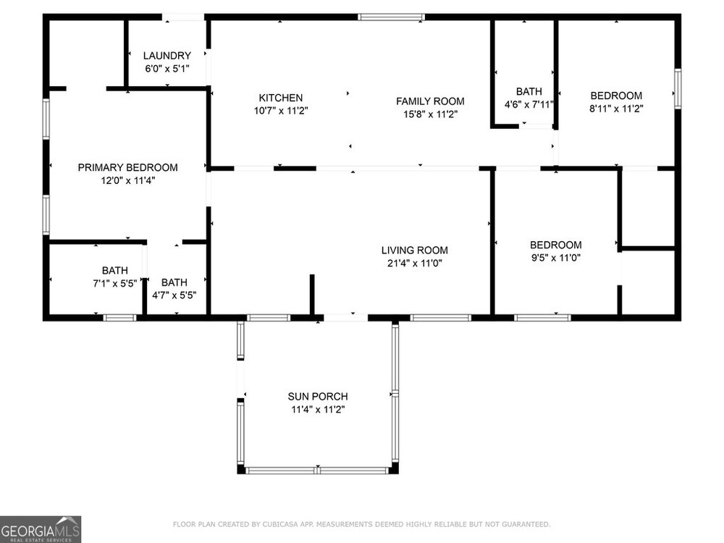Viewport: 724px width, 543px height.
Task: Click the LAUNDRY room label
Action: coord(167,56)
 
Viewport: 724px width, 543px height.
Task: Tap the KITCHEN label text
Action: coord(281,98)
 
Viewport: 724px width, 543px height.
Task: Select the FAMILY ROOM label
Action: coord(430,101)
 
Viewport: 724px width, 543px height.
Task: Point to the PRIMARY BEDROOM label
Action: coord(128,168)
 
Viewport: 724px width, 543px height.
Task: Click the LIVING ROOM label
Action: coord(415,251)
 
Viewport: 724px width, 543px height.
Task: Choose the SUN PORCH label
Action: coord(318,397)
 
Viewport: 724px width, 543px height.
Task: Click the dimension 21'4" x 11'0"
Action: coord(415,264)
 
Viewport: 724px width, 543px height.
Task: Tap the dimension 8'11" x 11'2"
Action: coord(616,109)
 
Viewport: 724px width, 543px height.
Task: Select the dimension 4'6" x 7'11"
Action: coord(529,104)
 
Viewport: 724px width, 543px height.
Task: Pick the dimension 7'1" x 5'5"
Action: coord(115,284)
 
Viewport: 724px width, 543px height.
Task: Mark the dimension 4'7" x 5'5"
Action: coord(174,295)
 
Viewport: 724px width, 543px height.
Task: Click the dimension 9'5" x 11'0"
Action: coord(556,258)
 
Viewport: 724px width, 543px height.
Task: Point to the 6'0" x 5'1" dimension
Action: coord(167,69)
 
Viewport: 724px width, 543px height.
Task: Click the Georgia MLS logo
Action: coord(41,529)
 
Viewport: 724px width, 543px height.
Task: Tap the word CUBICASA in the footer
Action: coord(279,524)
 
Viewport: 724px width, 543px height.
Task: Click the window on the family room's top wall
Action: coord(391,17)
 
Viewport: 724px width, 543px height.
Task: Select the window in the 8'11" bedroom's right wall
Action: coord(678,88)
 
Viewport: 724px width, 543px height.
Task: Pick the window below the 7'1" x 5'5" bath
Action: coord(119,318)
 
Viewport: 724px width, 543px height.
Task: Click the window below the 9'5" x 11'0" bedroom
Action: coord(542,318)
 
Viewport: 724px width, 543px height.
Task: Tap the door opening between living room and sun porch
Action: coord(346,318)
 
